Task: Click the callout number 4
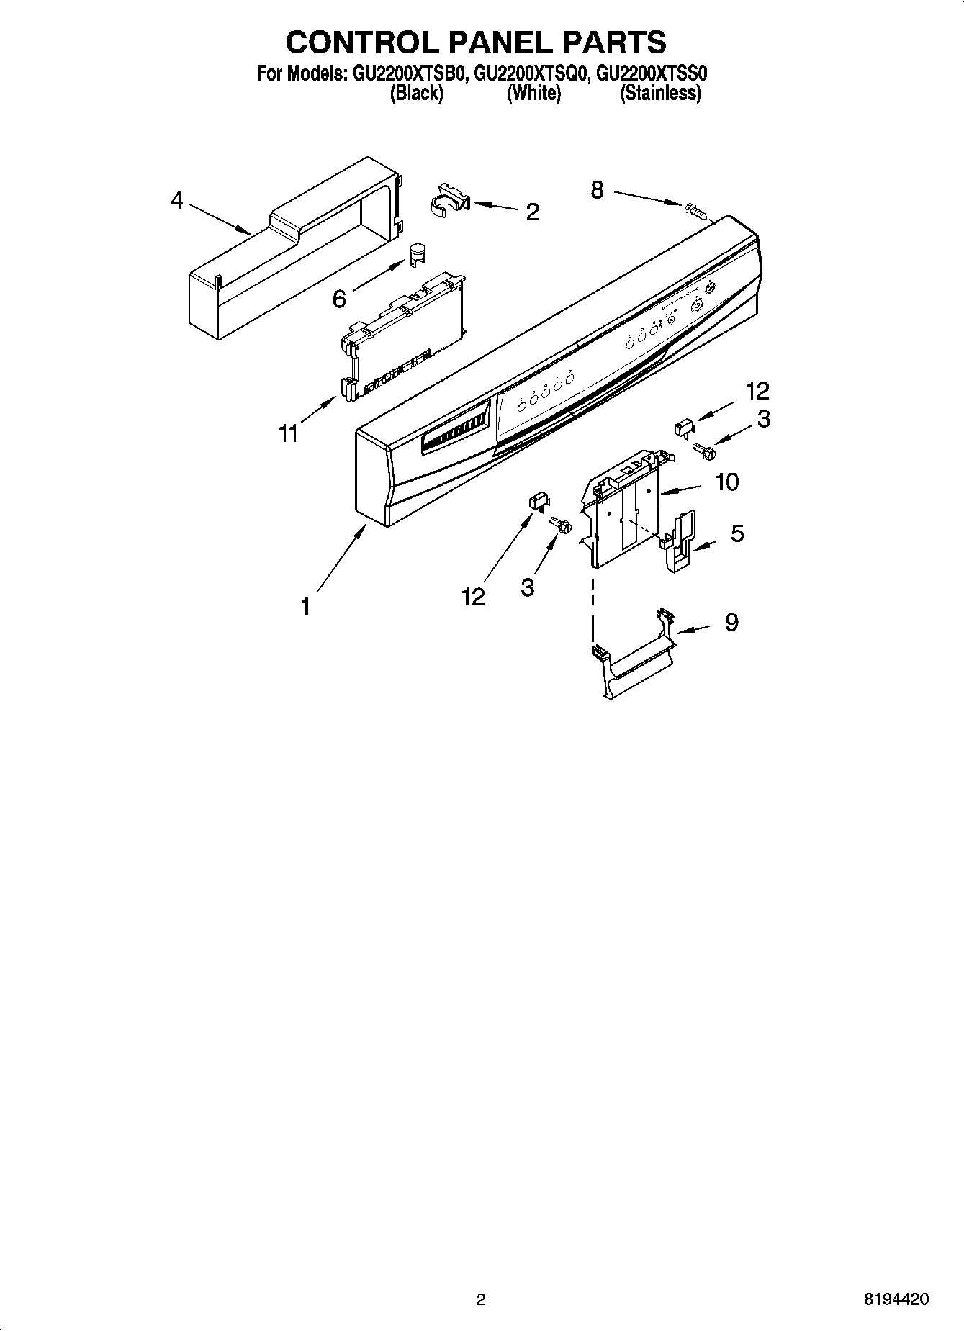pyautogui.click(x=177, y=201)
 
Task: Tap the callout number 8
pyautogui.click(x=597, y=191)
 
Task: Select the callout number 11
pyautogui.click(x=288, y=434)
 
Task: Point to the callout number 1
pyautogui.click(x=305, y=607)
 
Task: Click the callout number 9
pyautogui.click(x=731, y=622)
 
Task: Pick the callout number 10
pyautogui.click(x=727, y=482)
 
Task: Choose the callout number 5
pyautogui.click(x=737, y=533)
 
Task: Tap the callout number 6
pyautogui.click(x=339, y=298)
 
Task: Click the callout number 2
pyautogui.click(x=532, y=212)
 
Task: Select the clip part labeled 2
pyautogui.click(x=450, y=201)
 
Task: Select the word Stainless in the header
pyautogui.click(x=660, y=94)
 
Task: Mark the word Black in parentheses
pyautogui.click(x=416, y=94)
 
